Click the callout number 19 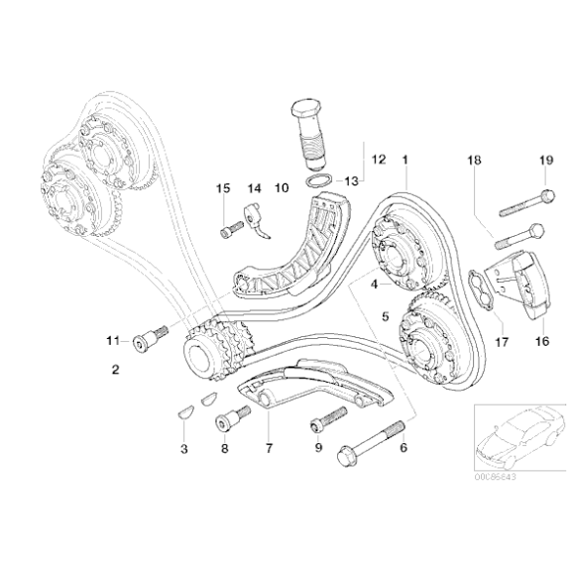[544, 161]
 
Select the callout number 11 [113, 342]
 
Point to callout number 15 [222, 187]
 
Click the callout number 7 [268, 448]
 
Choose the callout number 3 [182, 448]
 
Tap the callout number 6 [402, 448]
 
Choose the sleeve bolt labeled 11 [146, 340]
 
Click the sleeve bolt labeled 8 [227, 423]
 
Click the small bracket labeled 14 [258, 220]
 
